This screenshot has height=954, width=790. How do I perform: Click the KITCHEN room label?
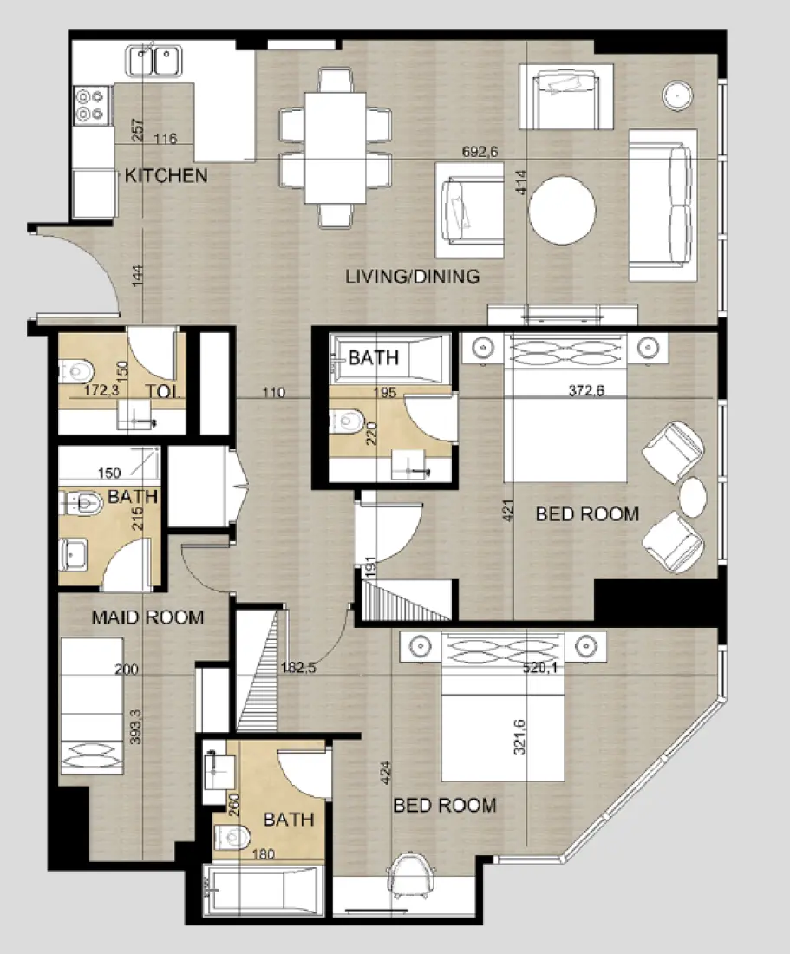[166, 176]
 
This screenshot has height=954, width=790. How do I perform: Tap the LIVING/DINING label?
[412, 277]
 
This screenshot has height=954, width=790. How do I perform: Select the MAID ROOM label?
[148, 617]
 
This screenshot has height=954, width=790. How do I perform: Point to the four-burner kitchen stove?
[92, 103]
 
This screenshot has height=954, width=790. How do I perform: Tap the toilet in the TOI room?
[75, 373]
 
